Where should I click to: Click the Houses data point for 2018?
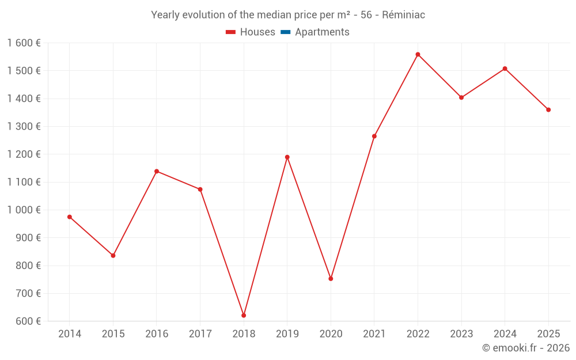tap(244, 316)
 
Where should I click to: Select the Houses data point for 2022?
tap(418, 55)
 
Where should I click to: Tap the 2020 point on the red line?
tap(331, 279)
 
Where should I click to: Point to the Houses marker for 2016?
tap(157, 171)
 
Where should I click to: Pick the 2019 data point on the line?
tap(287, 157)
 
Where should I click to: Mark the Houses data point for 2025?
tap(548, 110)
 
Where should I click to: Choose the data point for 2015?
tap(113, 256)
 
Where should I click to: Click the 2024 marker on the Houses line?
tap(505, 69)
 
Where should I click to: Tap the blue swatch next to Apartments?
tap(285, 32)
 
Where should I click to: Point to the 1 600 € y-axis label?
tap(24, 43)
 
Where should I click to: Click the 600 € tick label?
tap(29, 321)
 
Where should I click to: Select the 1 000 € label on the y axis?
tap(24, 210)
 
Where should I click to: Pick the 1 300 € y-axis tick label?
tap(24, 127)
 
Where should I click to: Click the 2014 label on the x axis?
tap(70, 334)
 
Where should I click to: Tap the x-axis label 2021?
tap(374, 334)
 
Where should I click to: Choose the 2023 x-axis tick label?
tap(461, 334)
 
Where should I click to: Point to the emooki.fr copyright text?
tap(526, 348)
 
